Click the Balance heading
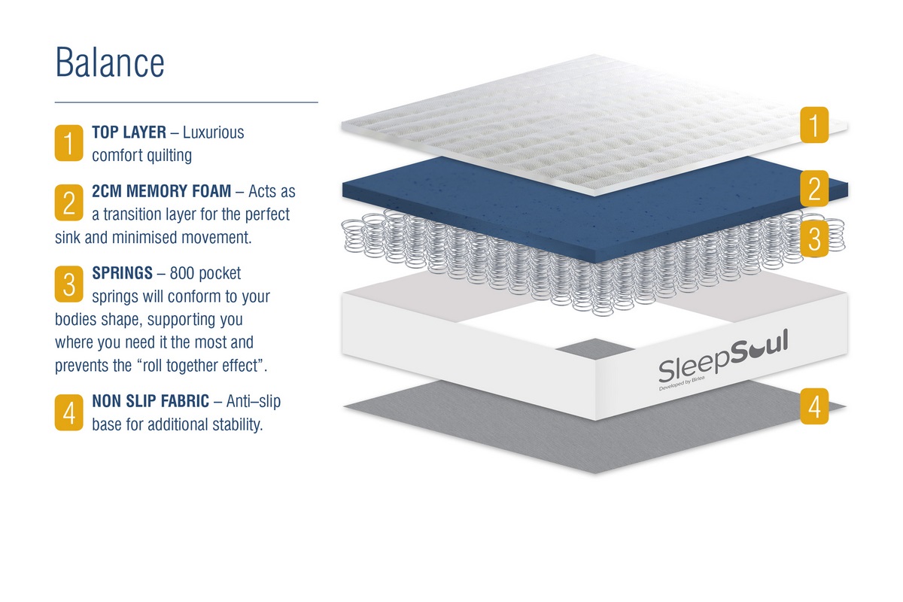pos(110,62)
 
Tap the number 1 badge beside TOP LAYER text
pos(69,143)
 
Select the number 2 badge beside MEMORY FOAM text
pos(69,202)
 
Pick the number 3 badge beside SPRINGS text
pos(69,284)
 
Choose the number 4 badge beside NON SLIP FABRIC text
pos(69,412)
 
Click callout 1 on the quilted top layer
pos(814,125)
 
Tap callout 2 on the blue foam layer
pos(814,188)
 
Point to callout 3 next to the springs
pos(814,239)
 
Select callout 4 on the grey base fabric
pos(814,406)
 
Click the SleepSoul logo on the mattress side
pos(723,357)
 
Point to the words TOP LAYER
pos(129,132)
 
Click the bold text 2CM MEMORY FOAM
pos(161,191)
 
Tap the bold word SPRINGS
pos(122,273)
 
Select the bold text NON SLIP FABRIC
pos(150,401)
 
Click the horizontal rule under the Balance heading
pos(187,102)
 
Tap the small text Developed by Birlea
pos(682,384)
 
